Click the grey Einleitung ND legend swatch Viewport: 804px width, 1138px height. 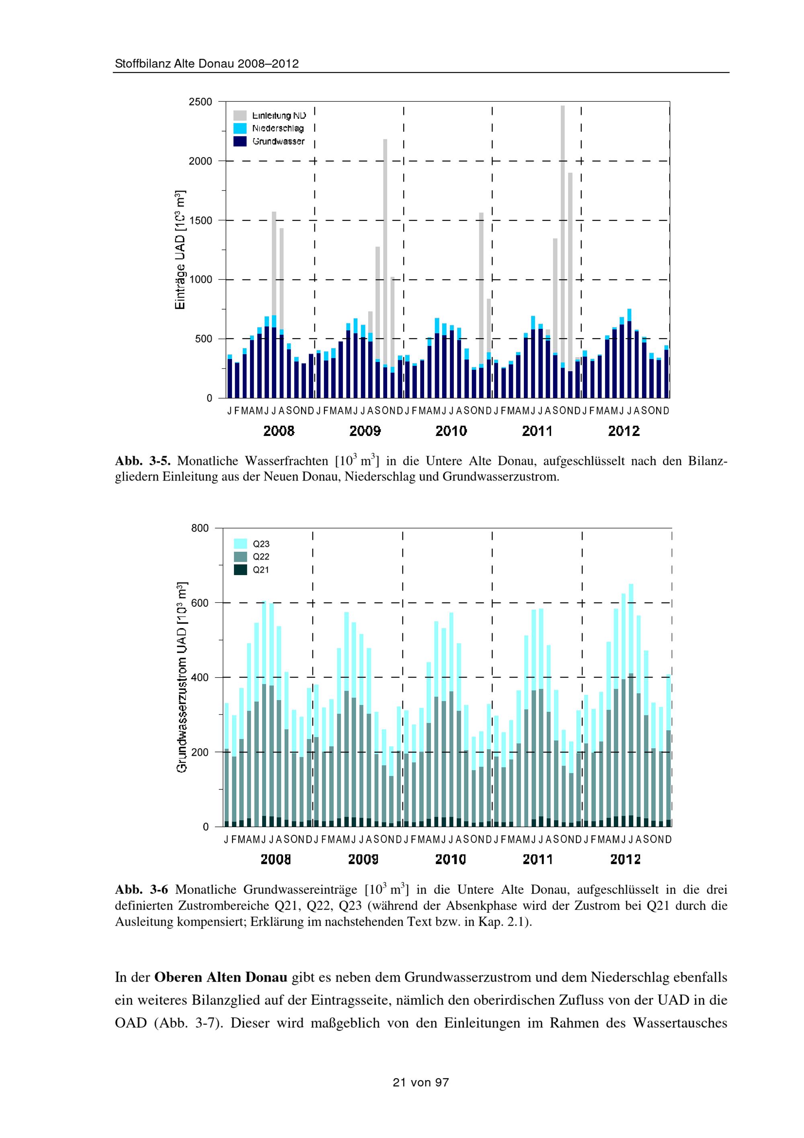pos(240,115)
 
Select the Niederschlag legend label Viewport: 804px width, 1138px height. pos(278,128)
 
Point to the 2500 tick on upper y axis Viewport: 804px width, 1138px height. pos(200,102)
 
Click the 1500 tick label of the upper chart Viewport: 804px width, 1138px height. pos(200,220)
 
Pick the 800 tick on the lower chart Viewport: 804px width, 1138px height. pos(200,528)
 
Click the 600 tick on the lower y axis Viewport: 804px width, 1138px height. pos(200,603)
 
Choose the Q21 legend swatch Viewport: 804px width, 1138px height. pos(240,570)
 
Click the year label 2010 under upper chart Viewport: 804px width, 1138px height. pos(451,431)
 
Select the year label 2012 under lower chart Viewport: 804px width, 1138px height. pos(625,859)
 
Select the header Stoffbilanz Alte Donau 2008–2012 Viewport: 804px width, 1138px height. pos(207,64)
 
